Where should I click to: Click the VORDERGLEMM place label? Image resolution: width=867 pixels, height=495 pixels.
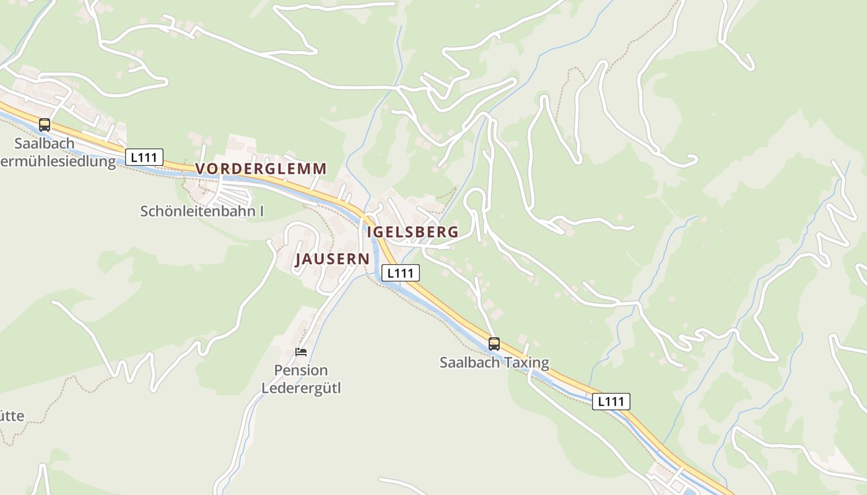point(261,168)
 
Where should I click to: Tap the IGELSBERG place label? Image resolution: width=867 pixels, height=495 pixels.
point(413,232)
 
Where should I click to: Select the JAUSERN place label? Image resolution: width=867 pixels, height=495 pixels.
point(333,259)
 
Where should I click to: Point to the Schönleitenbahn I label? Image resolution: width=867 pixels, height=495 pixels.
point(202,211)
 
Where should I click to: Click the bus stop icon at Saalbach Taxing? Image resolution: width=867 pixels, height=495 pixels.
point(494,344)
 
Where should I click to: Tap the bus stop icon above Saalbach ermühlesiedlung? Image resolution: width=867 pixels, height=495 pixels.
point(44,125)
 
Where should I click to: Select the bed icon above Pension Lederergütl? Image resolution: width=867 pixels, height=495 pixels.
point(301,352)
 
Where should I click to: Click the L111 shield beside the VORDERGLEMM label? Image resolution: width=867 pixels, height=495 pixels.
point(144,157)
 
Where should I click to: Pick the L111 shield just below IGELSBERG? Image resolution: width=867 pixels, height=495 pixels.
point(400,273)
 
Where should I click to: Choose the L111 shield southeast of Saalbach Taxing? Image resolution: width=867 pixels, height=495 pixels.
point(611,402)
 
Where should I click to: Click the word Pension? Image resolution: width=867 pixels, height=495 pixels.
point(301,370)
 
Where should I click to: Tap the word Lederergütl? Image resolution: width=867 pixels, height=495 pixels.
point(301,389)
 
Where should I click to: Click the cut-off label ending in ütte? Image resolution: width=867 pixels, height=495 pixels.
point(12,415)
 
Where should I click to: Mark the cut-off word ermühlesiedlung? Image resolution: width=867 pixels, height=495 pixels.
point(59,162)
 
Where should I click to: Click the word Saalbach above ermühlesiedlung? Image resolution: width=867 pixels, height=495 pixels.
point(45,144)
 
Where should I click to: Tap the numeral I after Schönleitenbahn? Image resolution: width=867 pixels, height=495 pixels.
point(261,211)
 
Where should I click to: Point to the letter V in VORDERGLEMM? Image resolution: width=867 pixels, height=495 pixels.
point(201,168)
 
